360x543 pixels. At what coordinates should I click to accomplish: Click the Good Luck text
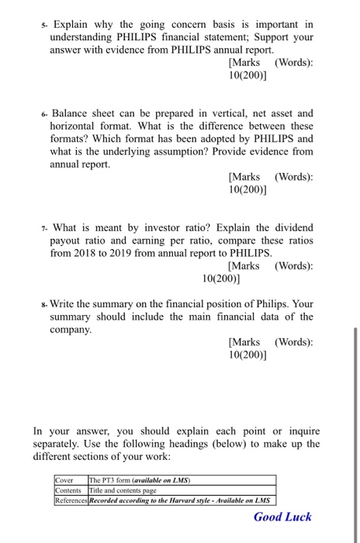(282, 516)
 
